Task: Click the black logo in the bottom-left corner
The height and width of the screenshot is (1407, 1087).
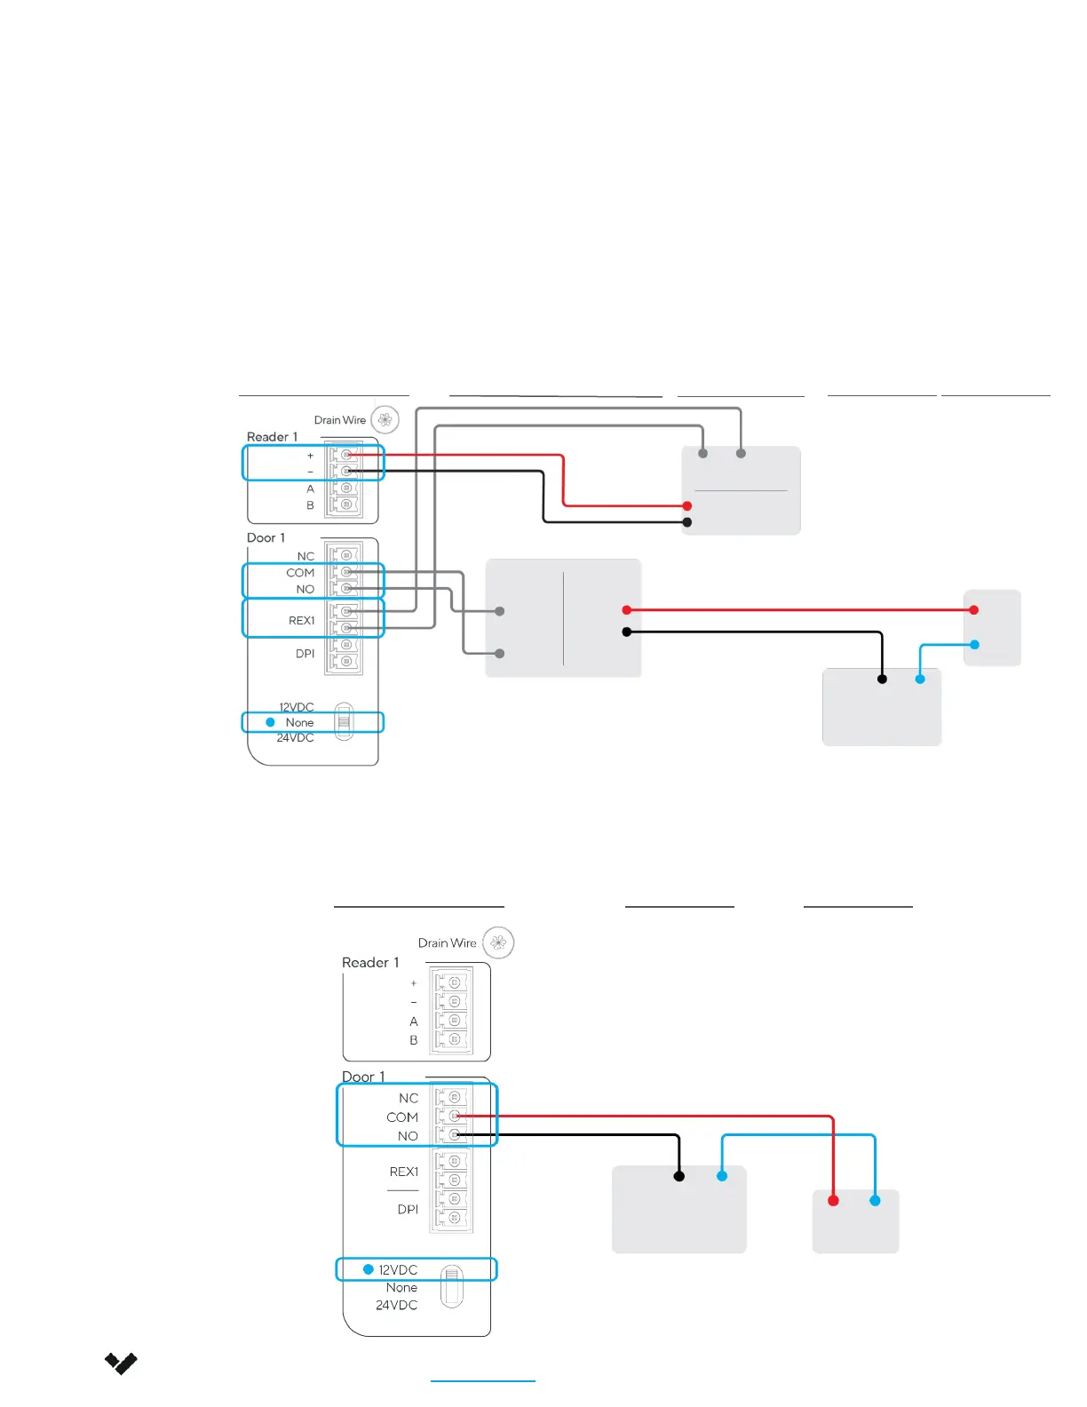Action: click(x=121, y=1363)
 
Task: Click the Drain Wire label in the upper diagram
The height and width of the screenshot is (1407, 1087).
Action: click(x=339, y=420)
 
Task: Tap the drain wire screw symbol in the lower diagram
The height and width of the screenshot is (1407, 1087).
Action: click(x=498, y=942)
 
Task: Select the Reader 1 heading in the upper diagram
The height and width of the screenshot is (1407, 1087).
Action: click(x=272, y=437)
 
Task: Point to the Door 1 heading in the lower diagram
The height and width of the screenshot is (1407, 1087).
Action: click(x=363, y=1077)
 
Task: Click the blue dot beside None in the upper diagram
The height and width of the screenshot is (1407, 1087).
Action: click(x=270, y=722)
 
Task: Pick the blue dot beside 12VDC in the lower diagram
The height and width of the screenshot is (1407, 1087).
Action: click(x=368, y=1269)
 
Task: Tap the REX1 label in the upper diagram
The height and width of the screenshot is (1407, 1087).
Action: click(x=301, y=621)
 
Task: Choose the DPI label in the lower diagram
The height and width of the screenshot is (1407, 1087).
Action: click(x=408, y=1209)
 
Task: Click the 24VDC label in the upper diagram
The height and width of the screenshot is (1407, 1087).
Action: click(x=295, y=738)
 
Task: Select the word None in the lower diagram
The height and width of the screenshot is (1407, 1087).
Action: click(x=401, y=1287)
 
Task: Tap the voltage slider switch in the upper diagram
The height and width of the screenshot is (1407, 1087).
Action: click(x=344, y=721)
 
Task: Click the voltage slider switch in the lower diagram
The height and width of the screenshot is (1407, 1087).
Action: click(x=451, y=1286)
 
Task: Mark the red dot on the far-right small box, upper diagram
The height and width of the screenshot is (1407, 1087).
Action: click(x=974, y=610)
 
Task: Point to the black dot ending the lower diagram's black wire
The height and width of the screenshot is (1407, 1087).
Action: click(x=679, y=1176)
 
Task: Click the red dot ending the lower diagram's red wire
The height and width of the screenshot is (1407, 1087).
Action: click(x=833, y=1201)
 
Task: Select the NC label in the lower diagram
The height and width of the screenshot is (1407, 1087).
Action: click(x=409, y=1098)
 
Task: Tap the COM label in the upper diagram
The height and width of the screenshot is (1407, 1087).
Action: click(x=300, y=573)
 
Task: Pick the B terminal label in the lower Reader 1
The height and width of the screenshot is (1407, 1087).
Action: click(x=413, y=1040)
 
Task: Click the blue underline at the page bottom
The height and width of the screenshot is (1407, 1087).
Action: click(x=482, y=1381)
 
